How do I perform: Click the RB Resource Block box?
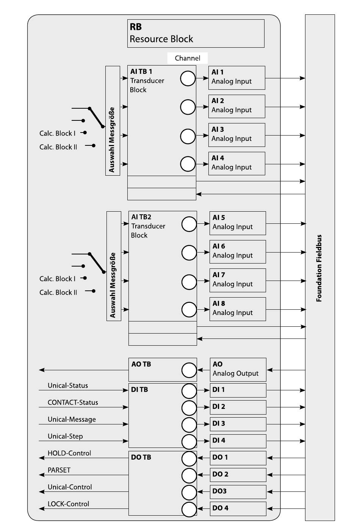click(x=196, y=33)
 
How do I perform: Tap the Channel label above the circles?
click(x=187, y=58)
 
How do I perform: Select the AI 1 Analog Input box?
click(x=236, y=78)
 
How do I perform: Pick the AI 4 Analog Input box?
click(x=236, y=164)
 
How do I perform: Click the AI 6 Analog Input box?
click(x=238, y=252)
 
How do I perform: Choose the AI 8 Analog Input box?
click(x=238, y=309)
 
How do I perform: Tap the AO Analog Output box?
click(x=238, y=370)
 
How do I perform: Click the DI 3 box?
click(x=238, y=424)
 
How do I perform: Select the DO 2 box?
click(x=238, y=474)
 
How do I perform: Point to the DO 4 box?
click(x=238, y=508)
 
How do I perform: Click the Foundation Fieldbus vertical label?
click(x=319, y=268)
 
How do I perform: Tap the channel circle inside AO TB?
click(x=189, y=370)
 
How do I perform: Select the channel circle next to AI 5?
click(x=189, y=224)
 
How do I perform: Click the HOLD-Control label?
click(x=69, y=453)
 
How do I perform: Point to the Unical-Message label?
click(x=72, y=420)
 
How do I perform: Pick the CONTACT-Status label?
click(x=73, y=402)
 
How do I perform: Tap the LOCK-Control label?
click(x=68, y=504)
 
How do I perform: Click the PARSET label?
click(x=59, y=470)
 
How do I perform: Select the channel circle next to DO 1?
click(x=189, y=458)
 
